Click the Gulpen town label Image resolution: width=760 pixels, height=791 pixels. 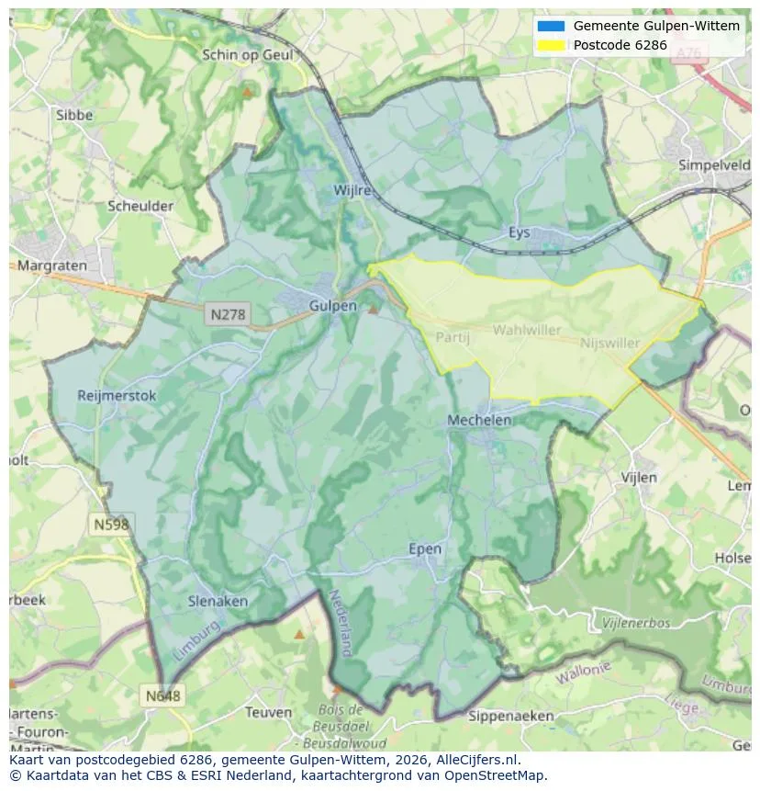tap(332, 306)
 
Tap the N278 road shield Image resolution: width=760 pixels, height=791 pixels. tap(228, 314)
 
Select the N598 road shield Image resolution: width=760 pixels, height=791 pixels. tap(111, 524)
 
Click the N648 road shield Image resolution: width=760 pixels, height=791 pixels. tap(162, 696)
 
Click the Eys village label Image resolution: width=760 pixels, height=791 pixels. tap(520, 232)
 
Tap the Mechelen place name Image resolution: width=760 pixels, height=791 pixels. tap(479, 420)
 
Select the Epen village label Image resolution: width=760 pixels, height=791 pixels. tap(424, 549)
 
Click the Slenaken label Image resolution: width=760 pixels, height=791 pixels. tap(218, 601)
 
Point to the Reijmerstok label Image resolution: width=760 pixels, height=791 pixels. tap(117, 396)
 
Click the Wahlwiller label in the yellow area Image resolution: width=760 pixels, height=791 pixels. tap(526, 329)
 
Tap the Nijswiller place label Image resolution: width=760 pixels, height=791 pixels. tap(610, 343)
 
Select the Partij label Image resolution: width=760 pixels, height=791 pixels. tap(453, 337)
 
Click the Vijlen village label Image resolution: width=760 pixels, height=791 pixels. tap(639, 478)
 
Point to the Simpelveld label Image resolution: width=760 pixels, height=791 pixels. tap(714, 165)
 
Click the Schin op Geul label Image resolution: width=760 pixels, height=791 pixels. tap(247, 55)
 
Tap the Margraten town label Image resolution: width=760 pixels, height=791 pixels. tap(51, 266)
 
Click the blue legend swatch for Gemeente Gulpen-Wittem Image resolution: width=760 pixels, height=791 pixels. tap(551, 26)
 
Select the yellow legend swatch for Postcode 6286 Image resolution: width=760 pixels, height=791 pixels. tap(551, 44)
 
